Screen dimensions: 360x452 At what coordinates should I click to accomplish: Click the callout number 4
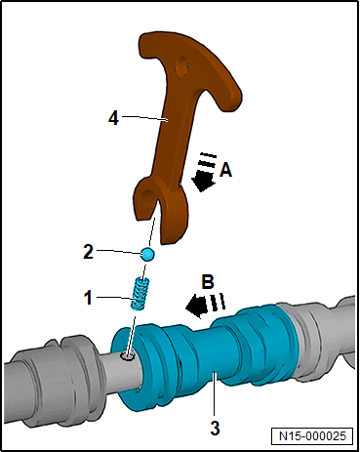coord(113,118)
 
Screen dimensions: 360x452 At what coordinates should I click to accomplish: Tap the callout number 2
coord(88,252)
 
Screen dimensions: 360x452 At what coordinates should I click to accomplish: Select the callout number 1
coord(88,298)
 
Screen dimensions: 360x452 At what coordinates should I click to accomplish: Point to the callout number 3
coord(215,428)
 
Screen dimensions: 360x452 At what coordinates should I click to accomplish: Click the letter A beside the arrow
coord(225,170)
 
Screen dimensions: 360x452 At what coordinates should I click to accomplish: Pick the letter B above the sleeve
coord(208,282)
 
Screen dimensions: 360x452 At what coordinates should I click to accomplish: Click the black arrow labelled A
coord(204,172)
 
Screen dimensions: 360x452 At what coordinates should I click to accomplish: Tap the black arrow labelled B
coord(205,306)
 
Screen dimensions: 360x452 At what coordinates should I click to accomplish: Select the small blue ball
coord(147,254)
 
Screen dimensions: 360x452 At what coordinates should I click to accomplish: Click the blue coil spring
coord(140,294)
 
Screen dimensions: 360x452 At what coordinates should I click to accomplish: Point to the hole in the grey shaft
coord(128,356)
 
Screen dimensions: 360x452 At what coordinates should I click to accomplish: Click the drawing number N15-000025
coord(312,435)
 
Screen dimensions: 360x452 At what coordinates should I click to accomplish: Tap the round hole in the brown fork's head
coord(181,66)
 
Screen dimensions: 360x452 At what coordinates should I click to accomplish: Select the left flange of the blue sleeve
coord(129,369)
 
